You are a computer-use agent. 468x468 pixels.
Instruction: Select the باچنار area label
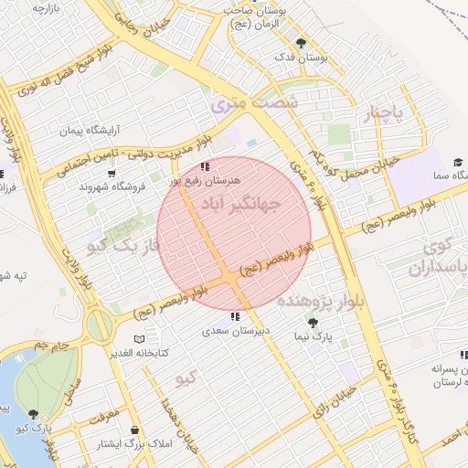(x=384, y=115)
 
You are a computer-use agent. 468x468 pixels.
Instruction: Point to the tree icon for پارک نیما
(x=314, y=324)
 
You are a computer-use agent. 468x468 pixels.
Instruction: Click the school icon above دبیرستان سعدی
(x=235, y=316)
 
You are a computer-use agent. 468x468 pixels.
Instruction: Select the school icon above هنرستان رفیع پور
(x=205, y=166)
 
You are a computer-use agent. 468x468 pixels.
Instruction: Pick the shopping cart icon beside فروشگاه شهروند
(x=112, y=173)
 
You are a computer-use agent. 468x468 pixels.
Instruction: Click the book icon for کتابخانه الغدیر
(x=139, y=339)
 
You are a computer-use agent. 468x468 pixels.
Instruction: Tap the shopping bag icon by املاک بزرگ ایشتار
(x=135, y=431)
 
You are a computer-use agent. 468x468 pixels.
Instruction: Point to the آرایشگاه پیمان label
(x=90, y=132)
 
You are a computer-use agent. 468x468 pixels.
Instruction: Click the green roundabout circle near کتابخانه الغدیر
(x=101, y=324)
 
